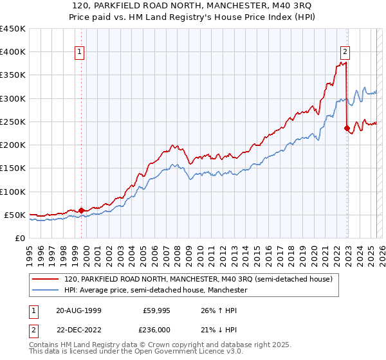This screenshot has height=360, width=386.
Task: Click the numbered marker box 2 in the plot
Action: (345, 53)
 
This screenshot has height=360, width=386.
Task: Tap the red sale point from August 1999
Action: (82, 210)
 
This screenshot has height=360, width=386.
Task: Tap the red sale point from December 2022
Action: (347, 128)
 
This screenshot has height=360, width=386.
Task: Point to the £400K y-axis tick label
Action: (13, 52)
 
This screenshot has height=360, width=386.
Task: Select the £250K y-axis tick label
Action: (13, 122)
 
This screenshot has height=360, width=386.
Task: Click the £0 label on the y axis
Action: (19, 238)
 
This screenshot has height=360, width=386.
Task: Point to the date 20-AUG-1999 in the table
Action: (78, 310)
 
